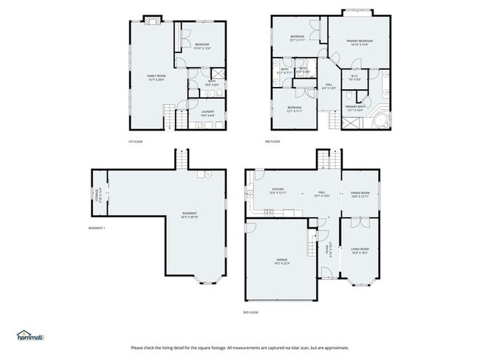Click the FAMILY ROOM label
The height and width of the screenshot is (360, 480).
coord(155,77)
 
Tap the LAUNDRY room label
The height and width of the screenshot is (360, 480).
coord(208,114)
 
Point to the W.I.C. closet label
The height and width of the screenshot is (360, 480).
coord(354,77)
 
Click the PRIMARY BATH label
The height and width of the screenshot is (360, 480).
coord(355,108)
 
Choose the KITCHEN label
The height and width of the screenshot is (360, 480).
coord(278,191)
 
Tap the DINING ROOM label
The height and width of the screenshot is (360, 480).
coord(360,195)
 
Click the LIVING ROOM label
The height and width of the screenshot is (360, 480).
coord(360,251)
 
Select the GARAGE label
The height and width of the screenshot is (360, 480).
coord(282,261)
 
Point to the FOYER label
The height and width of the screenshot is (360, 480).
coord(329,249)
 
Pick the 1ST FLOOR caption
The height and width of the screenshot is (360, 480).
coord(136,142)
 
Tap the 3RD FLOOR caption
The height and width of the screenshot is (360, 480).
coord(272,142)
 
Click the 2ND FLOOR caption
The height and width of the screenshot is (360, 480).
coord(252,313)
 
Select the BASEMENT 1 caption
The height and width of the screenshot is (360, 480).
coord(96,228)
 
